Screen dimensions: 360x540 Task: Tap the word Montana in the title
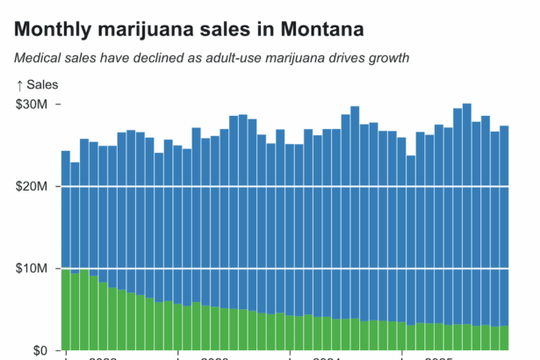coord(323,30)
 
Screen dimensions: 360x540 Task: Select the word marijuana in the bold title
coord(152,30)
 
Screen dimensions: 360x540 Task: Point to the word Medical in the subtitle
coord(38,58)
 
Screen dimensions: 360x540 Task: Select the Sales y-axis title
coord(43,84)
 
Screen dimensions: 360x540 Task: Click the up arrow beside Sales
coord(19,84)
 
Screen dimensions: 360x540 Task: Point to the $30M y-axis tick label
coord(32,104)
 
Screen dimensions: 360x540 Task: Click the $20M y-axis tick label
coord(32,186)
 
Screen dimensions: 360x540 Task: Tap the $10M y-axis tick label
coord(32,268)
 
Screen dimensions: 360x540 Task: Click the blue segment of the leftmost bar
coord(66,211)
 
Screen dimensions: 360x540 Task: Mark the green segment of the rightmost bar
coord(504,338)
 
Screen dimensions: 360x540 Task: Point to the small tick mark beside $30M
coord(59,104)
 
